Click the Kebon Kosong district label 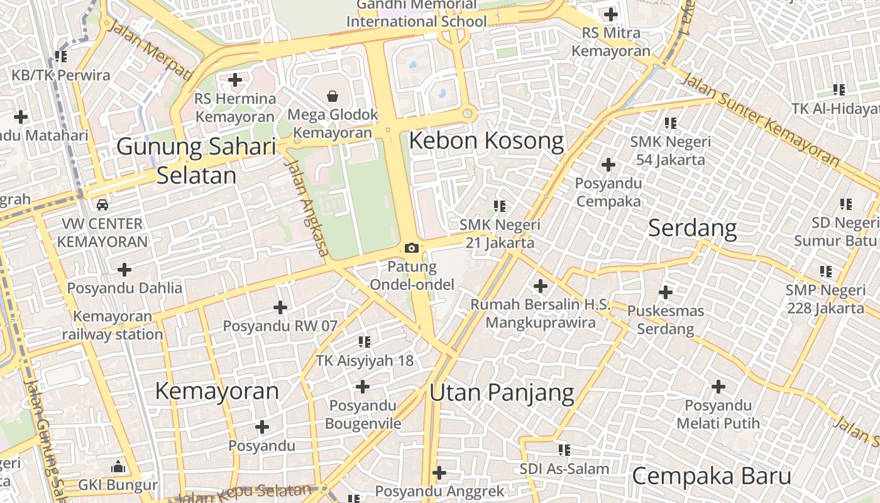click(x=486, y=141)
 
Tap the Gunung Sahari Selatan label click(x=197, y=161)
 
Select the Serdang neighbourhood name click(x=692, y=228)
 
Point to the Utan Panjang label click(x=502, y=393)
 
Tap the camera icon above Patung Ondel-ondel click(x=412, y=248)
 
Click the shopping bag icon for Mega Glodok click(x=333, y=96)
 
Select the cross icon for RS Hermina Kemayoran click(x=235, y=80)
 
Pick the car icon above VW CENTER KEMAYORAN click(x=102, y=205)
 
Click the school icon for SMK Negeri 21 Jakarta click(x=500, y=206)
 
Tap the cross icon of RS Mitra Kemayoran click(x=610, y=14)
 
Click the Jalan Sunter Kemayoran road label click(x=760, y=119)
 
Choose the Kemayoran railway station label click(x=113, y=325)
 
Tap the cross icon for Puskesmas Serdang click(x=666, y=292)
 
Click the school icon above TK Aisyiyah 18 click(x=365, y=342)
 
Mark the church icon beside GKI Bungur click(x=118, y=467)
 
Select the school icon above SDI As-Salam click(x=564, y=450)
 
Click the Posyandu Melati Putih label click(x=718, y=414)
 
